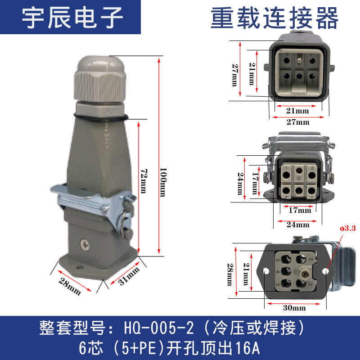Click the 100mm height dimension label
tap(163, 182)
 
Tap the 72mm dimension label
tap(144, 181)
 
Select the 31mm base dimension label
tap(129, 276)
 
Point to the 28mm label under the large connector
tap(70, 287)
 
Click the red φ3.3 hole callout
tap(347, 228)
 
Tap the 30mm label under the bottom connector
tap(294, 308)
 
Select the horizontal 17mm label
tap(300, 210)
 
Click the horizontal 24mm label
tap(298, 224)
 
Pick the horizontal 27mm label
tap(298, 121)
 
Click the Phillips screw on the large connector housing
tap(85, 244)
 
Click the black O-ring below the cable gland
tap(101, 117)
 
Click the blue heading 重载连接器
tap(274, 18)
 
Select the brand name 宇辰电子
tap(72, 18)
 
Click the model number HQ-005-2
tap(159, 328)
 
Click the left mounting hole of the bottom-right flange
tap(266, 272)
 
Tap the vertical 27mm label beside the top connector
tap(235, 75)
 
